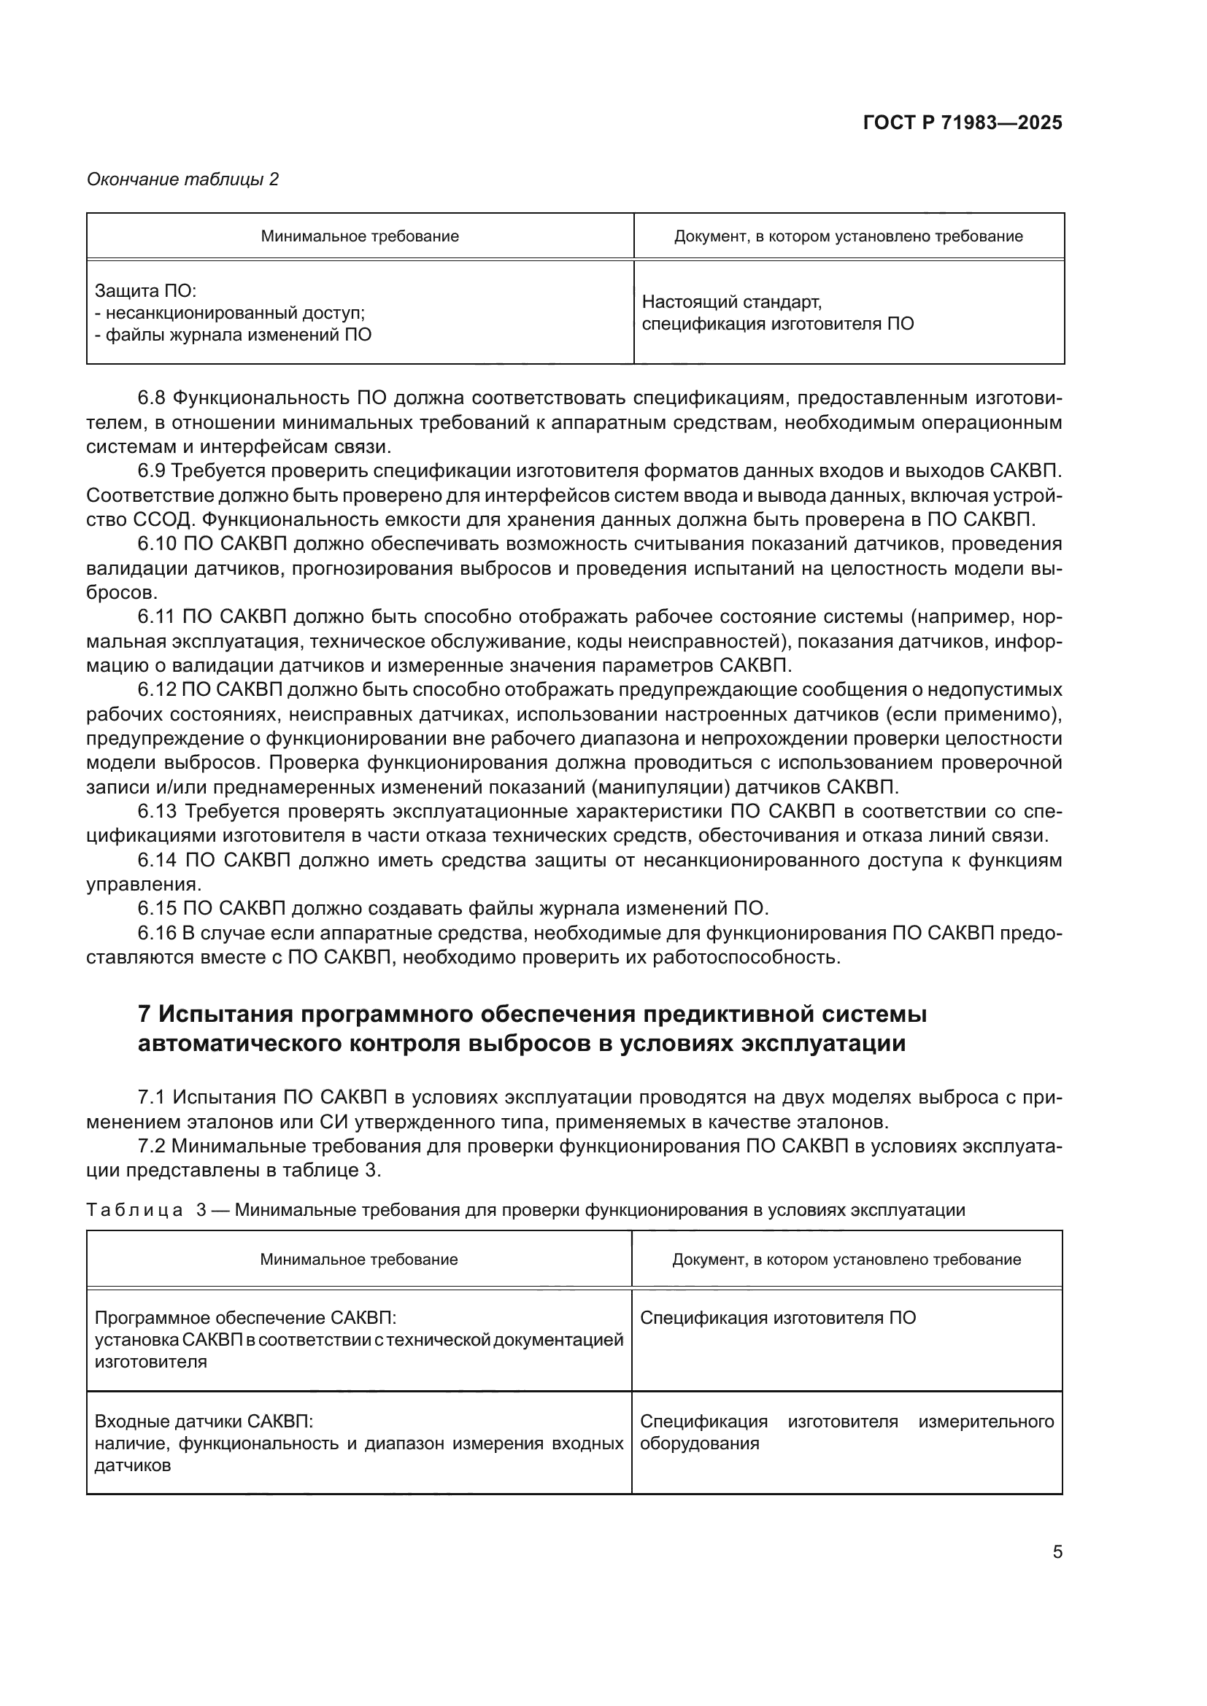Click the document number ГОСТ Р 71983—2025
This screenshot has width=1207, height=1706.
[963, 123]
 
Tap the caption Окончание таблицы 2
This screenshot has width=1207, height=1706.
[183, 179]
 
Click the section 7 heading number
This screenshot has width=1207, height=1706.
[145, 1015]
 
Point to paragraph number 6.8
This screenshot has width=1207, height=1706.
[152, 398]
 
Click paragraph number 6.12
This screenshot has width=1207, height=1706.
[157, 689]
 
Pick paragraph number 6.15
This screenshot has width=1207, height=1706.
[157, 908]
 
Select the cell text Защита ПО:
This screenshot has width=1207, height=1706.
[146, 291]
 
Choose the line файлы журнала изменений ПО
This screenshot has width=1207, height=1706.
[234, 335]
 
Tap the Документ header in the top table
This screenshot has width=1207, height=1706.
[848, 236]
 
